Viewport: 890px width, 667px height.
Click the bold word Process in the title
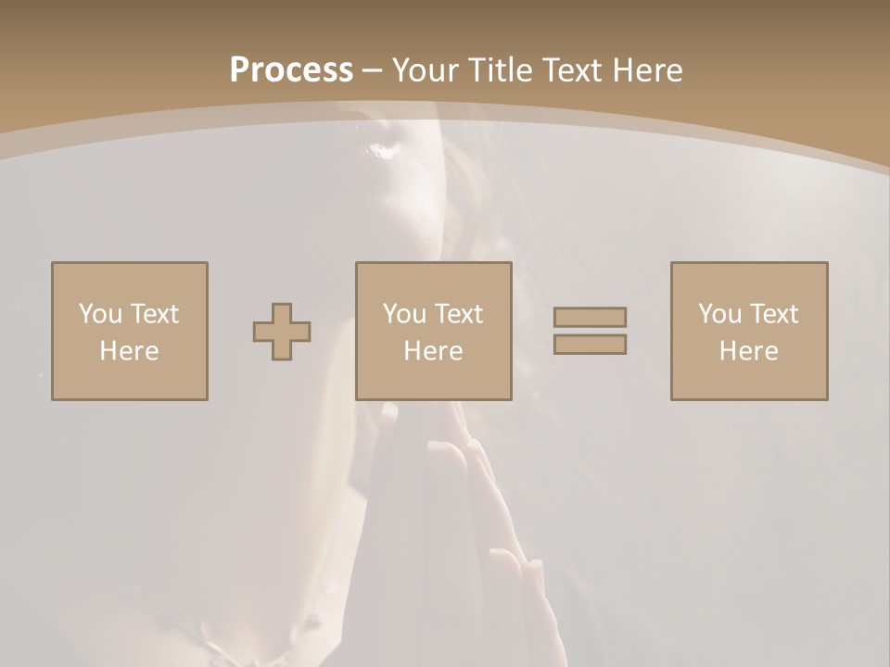point(291,70)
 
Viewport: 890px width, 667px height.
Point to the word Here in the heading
point(647,70)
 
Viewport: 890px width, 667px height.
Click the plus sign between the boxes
point(282,332)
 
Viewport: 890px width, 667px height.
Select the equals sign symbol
point(590,331)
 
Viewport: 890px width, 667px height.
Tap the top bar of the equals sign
point(590,317)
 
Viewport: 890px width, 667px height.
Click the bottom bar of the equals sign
point(590,344)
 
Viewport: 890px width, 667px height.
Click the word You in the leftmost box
point(100,314)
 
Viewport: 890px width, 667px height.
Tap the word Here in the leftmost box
point(130,351)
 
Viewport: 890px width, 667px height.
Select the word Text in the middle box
point(459,314)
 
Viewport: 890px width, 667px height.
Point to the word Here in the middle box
point(434,351)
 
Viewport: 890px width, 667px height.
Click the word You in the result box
point(719,314)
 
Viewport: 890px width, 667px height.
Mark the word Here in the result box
point(749,351)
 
